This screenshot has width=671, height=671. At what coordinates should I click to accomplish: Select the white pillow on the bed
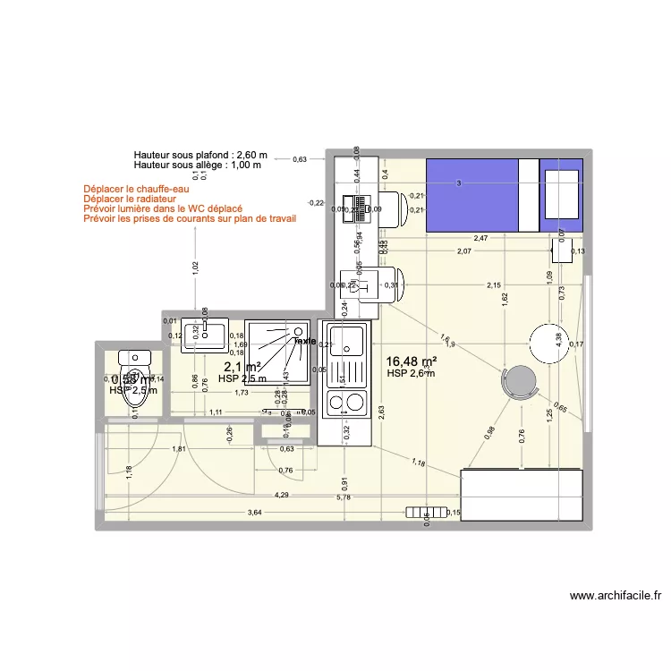pyautogui.click(x=561, y=194)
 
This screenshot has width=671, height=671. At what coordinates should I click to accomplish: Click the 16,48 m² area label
pyautogui.click(x=412, y=361)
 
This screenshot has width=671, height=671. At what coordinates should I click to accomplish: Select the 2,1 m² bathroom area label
pyautogui.click(x=242, y=367)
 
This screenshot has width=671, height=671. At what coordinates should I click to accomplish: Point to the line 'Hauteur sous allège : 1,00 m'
pyautogui.click(x=197, y=165)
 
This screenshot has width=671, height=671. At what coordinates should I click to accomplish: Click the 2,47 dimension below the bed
pyautogui.click(x=480, y=239)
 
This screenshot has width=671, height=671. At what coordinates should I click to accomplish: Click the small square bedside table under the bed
pyautogui.click(x=562, y=250)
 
